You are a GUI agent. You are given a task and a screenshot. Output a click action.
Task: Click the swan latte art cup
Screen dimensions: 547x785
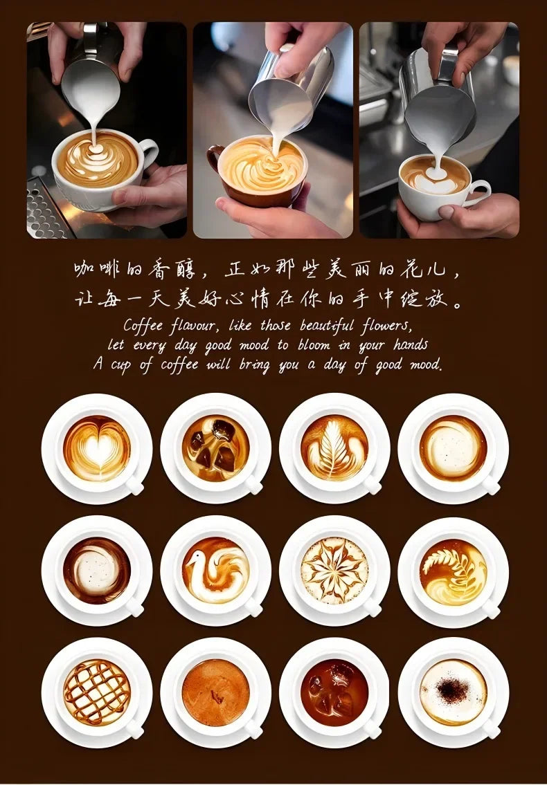pyautogui.click(x=215, y=570)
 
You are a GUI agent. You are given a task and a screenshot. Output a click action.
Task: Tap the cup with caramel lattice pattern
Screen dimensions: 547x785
pyautogui.click(x=97, y=692)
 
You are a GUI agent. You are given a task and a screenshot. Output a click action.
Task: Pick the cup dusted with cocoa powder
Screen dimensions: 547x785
pyautogui.click(x=454, y=692)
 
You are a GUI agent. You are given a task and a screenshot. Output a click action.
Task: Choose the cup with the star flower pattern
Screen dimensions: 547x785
pyautogui.click(x=334, y=570)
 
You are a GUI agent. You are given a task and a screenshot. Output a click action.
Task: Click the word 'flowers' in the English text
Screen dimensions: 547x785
pyautogui.click(x=387, y=326)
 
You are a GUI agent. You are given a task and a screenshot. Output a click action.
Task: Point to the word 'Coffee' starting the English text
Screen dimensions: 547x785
pyautogui.click(x=143, y=326)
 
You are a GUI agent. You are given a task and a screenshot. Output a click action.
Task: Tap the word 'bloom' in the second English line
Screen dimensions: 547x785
pyautogui.click(x=314, y=345)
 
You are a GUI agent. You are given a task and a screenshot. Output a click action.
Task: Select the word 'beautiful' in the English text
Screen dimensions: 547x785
pyautogui.click(x=326, y=326)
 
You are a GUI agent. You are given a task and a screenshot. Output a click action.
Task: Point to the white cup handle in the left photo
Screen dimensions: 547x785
pyautogui.click(x=149, y=154)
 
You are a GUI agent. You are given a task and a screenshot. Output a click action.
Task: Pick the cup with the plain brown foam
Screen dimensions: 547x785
pyautogui.click(x=215, y=692)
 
